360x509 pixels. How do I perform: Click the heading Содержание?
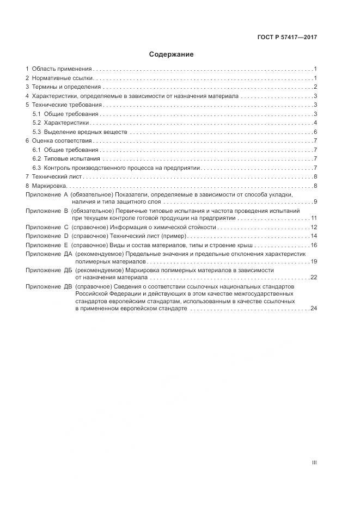(172, 54)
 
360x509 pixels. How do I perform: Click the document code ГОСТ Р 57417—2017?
(287, 38)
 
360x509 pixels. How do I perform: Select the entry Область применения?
(62, 69)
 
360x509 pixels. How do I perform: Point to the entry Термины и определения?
(66, 87)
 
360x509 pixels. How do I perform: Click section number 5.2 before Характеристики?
(36, 122)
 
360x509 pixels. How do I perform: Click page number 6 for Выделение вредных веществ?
(315, 132)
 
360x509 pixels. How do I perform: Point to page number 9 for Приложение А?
(315, 202)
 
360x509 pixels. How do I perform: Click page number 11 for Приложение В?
(314, 218)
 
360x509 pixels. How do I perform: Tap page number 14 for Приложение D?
(314, 236)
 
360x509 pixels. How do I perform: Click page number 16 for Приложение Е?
(314, 245)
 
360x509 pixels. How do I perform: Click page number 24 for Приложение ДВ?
(314, 308)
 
